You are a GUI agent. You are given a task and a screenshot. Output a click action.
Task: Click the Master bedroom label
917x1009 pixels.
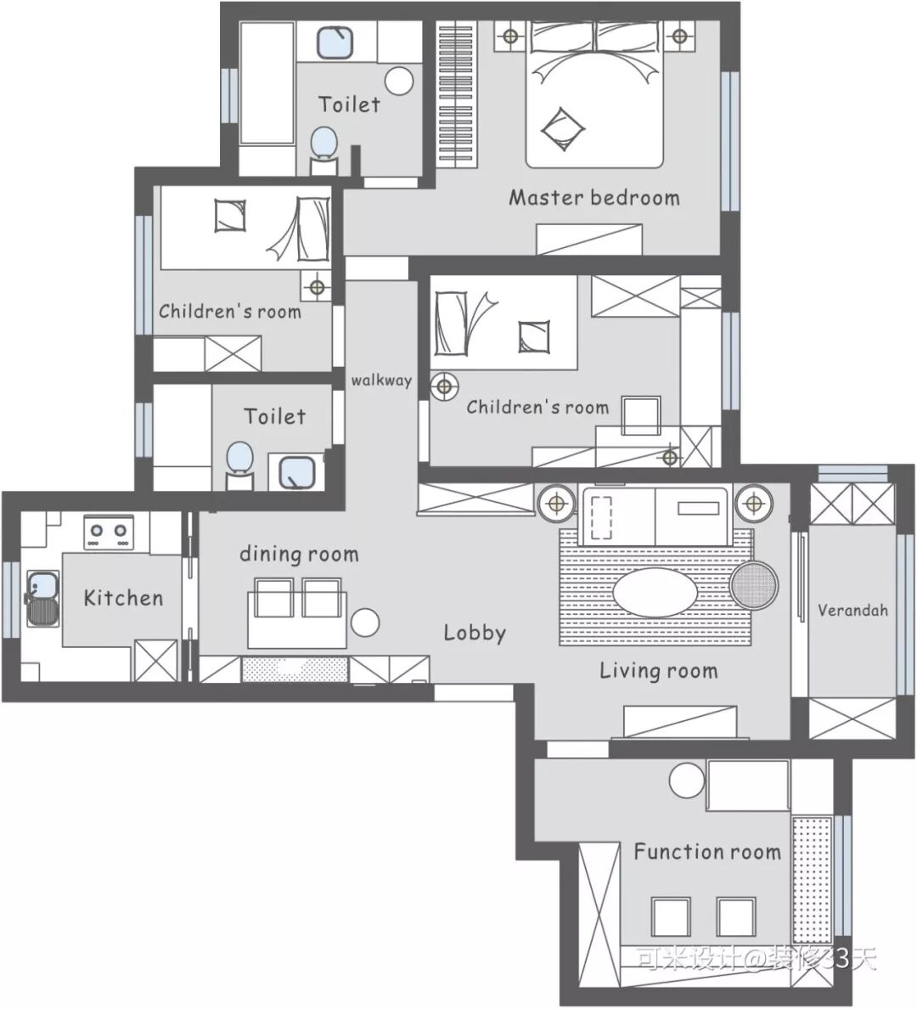594,198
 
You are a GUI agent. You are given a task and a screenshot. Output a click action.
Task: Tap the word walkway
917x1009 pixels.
381,380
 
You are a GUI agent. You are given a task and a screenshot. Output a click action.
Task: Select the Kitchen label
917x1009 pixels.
124,598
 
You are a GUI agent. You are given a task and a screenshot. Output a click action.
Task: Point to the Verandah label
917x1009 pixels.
852,609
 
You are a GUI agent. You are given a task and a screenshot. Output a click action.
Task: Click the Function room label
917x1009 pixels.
707,851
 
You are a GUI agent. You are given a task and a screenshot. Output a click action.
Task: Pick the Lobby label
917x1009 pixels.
475,633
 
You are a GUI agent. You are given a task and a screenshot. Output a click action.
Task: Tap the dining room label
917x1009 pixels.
299,554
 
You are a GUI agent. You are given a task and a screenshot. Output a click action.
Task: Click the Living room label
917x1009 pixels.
658,670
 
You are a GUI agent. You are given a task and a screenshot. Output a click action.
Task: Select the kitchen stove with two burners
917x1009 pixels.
109,533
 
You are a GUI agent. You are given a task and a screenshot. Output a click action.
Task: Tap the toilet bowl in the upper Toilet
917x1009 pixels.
324,143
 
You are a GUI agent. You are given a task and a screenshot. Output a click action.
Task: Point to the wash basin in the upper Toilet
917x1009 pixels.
335,42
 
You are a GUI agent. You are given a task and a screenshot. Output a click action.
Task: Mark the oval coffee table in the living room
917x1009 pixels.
655,591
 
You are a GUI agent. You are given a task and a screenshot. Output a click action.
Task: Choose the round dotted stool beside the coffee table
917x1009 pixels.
753,585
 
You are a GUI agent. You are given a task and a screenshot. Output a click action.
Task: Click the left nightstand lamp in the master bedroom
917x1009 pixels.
510,36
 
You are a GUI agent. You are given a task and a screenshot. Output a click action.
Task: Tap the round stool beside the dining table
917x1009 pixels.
365,623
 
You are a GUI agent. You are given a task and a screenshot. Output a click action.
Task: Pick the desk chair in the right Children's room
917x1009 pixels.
642,415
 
